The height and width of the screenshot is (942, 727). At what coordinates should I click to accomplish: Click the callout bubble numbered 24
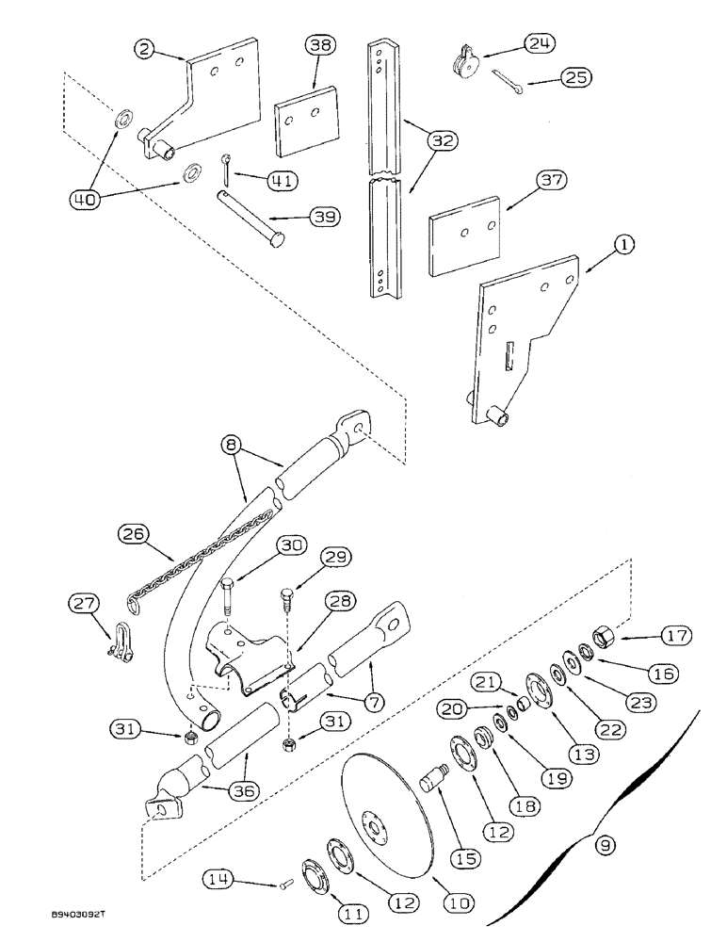[541, 43]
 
